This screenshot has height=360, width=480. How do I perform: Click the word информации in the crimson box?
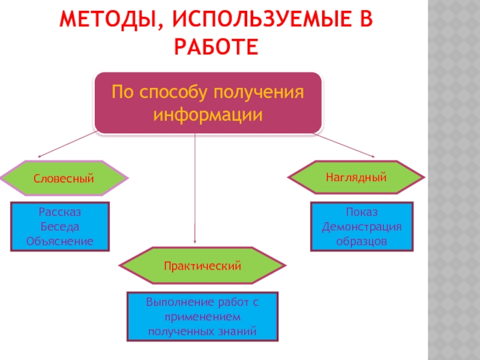point(208,114)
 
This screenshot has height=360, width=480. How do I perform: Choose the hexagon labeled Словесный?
point(64,178)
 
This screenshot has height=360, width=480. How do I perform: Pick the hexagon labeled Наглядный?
point(356,178)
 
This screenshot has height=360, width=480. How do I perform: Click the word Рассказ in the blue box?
point(60,212)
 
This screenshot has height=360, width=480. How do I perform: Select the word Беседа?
point(59,227)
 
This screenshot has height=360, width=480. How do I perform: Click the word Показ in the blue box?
point(361,212)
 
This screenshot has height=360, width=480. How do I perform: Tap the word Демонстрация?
point(362,227)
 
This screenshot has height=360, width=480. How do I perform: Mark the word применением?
point(202,316)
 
